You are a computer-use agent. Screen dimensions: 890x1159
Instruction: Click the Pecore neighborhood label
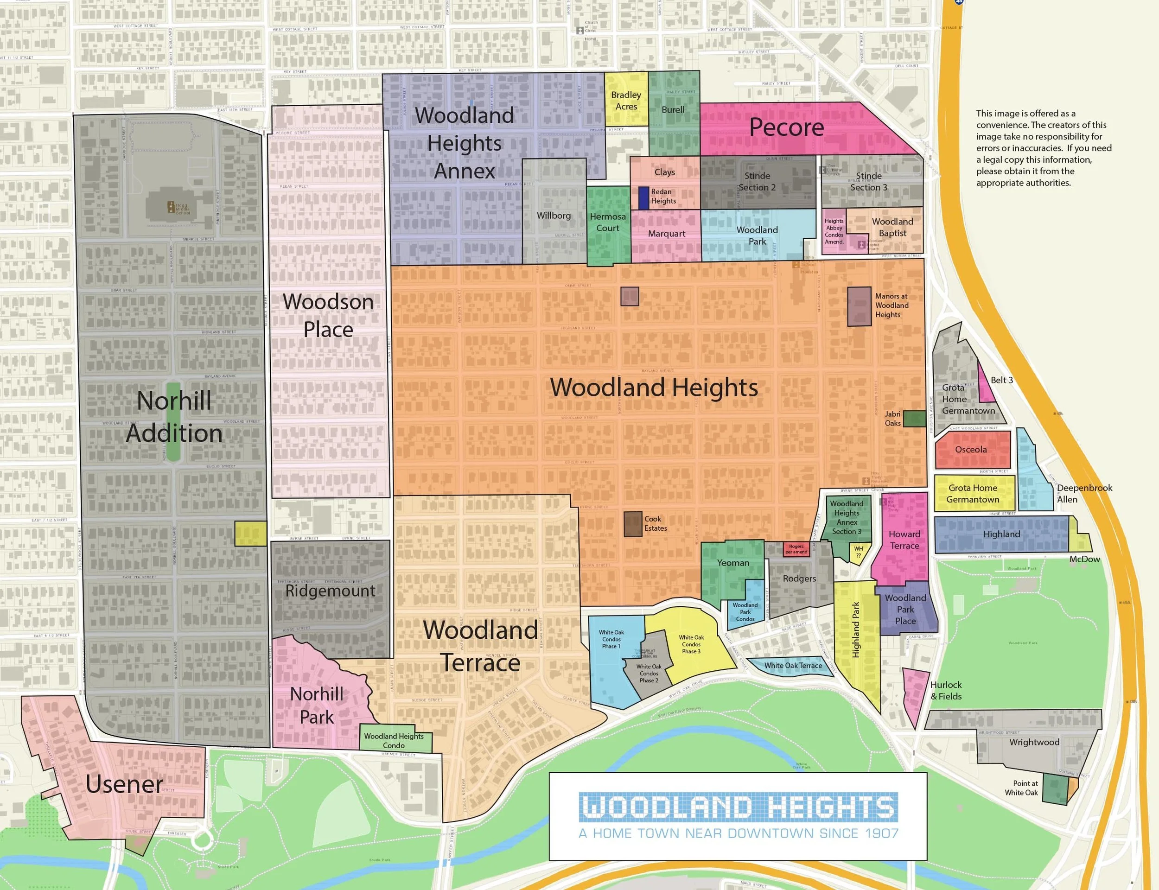click(786, 127)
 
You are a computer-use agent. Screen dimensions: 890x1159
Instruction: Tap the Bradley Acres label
click(626, 101)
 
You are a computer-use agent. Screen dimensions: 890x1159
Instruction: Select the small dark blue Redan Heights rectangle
click(643, 197)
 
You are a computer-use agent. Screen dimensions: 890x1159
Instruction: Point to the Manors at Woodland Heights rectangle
click(859, 306)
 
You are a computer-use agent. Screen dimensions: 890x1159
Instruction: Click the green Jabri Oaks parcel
click(914, 419)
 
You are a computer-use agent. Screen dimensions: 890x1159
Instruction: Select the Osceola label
click(971, 450)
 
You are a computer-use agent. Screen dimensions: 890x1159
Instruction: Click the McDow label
click(1084, 559)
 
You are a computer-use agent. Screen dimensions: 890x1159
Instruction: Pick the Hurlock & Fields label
click(946, 691)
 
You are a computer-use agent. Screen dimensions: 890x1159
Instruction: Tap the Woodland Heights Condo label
click(394, 741)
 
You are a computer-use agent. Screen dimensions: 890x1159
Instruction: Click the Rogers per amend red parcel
click(796, 549)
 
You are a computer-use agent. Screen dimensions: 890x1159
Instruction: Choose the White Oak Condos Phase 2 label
click(649, 674)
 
